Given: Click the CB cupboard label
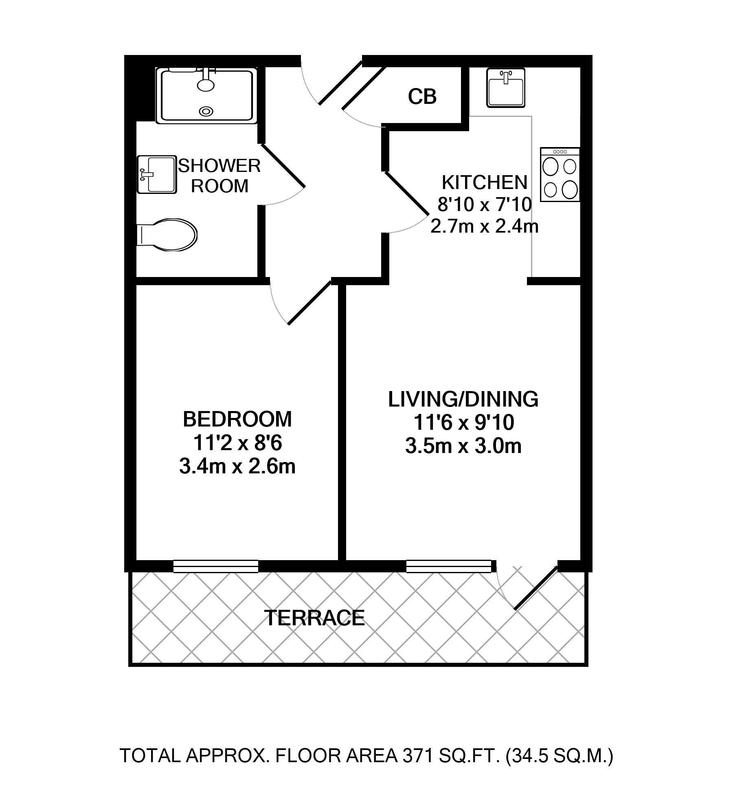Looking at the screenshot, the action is point(422,97).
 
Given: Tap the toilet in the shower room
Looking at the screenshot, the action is point(167,235).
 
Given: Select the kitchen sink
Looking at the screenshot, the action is point(505,88).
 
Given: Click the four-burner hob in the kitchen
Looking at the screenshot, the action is point(560,174).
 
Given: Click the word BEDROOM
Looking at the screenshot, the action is point(237,419).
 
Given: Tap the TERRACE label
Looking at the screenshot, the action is point(315,618).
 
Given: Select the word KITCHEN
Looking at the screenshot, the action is point(485,183).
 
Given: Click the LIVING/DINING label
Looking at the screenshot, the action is point(463,399).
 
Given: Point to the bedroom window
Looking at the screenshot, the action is point(216,566).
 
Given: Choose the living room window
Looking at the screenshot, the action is point(449,566).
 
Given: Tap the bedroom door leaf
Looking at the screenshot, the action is point(310,302).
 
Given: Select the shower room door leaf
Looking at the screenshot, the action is point(283,165).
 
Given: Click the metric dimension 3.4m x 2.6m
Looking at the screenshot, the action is point(237,466).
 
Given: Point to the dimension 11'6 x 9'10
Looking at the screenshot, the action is point(463,423).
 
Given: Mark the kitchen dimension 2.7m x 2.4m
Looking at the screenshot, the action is point(485,226).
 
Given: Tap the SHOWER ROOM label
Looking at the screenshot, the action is point(219,176).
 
